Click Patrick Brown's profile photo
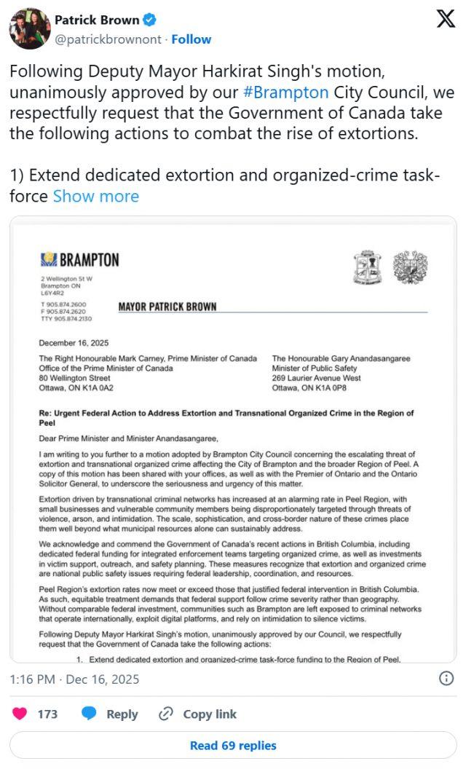pos(28,29)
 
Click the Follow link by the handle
pos(191,39)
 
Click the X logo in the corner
pos(446,20)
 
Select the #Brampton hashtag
pos(285,93)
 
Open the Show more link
pos(95,197)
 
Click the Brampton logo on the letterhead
pos(80,259)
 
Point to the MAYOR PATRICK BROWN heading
pos(167,307)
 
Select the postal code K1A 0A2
pos(95,388)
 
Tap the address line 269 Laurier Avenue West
pos(317,378)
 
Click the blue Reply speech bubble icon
pos(90,714)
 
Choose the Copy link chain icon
pos(166,714)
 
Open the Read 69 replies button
pos(233,745)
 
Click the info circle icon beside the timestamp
pos(446,679)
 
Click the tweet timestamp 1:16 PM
pos(33,679)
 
